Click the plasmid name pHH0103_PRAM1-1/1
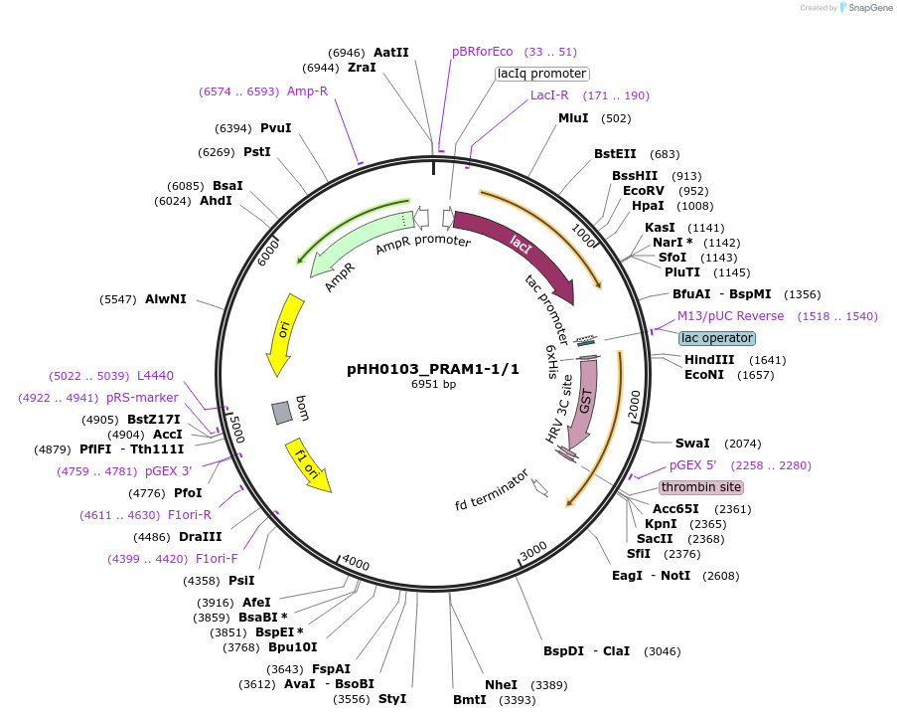[433, 368]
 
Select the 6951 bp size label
[433, 384]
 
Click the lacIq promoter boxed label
[541, 74]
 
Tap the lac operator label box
[717, 338]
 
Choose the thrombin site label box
[701, 487]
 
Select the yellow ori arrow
[284, 333]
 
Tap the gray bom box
[282, 411]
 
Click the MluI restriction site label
[573, 118]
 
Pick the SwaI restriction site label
[692, 444]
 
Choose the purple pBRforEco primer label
[483, 52]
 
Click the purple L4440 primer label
[155, 376]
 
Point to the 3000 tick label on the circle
[533, 550]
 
